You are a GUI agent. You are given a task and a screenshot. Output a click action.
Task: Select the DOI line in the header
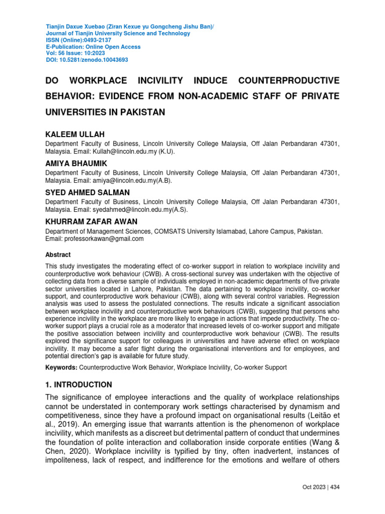tap(87, 60)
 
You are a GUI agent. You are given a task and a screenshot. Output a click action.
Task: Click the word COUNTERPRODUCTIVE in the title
tap(289, 81)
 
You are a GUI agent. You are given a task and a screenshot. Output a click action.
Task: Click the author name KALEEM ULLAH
tap(75, 135)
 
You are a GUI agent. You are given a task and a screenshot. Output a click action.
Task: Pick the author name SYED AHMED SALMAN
tap(88, 193)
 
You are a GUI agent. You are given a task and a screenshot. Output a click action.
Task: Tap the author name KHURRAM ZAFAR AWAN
tap(91, 221)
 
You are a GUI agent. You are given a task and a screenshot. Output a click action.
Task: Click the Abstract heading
tap(58, 255)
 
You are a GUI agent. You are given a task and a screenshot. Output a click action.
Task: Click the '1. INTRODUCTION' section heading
tap(79, 385)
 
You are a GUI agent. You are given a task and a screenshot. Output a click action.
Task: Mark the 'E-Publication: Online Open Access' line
tap(93, 47)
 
